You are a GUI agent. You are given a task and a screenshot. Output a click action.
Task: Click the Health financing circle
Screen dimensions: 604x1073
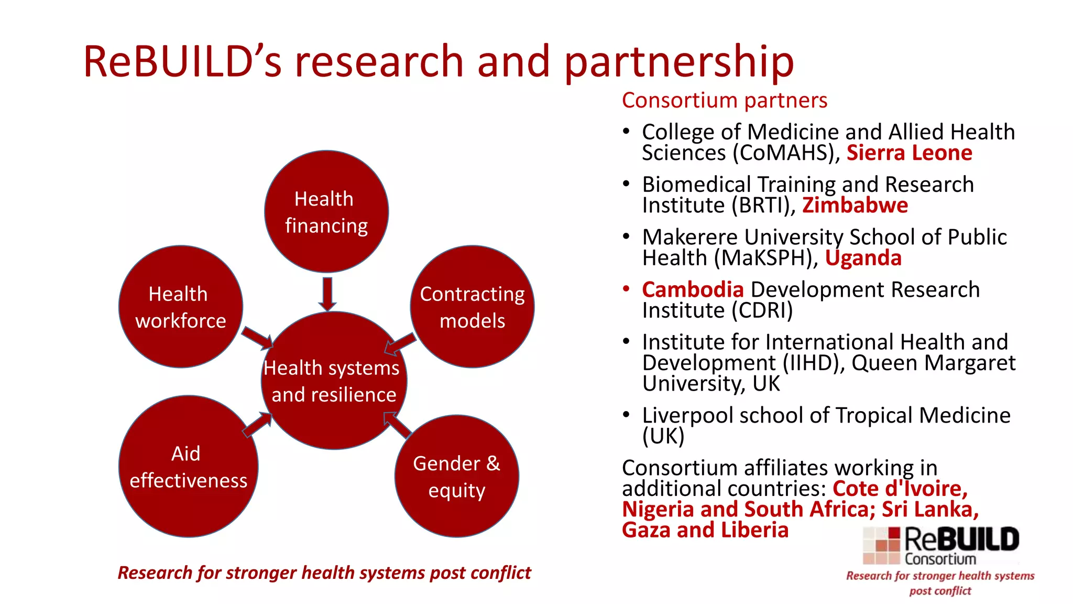tap(326, 211)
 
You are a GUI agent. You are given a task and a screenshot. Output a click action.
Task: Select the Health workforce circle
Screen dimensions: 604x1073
tap(181, 307)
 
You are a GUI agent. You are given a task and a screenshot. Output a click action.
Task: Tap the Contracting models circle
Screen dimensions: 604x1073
tap(473, 307)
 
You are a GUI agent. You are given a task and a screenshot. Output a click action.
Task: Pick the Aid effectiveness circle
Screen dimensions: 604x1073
tap(188, 467)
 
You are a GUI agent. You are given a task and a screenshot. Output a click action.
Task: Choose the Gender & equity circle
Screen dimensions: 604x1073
tap(457, 476)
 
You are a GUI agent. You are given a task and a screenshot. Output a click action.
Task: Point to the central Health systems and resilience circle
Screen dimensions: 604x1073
tap(334, 381)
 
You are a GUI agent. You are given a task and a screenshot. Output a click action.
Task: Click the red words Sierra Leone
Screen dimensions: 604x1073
tap(910, 153)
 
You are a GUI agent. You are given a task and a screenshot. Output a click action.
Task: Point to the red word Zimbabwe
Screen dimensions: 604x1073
tap(855, 206)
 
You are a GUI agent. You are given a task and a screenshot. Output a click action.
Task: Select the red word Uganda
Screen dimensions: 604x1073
tap(863, 258)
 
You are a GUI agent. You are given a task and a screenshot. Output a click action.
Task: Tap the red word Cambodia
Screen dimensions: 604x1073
tap(693, 289)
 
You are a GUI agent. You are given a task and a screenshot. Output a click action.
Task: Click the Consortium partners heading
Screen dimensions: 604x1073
tap(725, 100)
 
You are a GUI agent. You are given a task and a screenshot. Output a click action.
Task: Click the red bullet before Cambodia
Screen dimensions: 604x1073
tap(626, 288)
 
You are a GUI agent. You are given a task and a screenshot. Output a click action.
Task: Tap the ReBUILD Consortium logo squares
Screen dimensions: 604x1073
tap(881, 546)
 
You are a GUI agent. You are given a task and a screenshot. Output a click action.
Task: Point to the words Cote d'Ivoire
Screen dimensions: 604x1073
tap(900, 489)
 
